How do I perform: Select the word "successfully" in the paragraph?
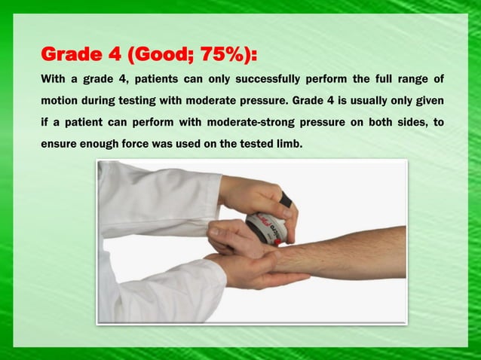263,79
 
